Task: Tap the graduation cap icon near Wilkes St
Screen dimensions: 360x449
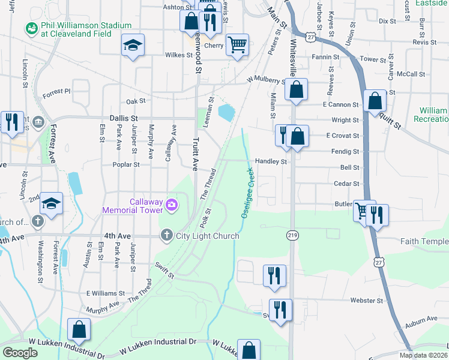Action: pyautogui.click(x=133, y=46)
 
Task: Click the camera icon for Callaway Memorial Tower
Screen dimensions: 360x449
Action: pyautogui.click(x=172, y=205)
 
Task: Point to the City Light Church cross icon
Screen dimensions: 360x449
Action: pyautogui.click(x=167, y=236)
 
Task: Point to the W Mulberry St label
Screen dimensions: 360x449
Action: pyautogui.click(x=267, y=80)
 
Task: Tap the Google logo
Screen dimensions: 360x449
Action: pyautogui.click(x=20, y=352)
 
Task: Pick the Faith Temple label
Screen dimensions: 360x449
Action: pyautogui.click(x=424, y=241)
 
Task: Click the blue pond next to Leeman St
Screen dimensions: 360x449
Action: pyautogui.click(x=226, y=112)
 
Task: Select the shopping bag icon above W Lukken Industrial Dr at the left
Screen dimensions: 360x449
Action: pyautogui.click(x=79, y=329)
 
